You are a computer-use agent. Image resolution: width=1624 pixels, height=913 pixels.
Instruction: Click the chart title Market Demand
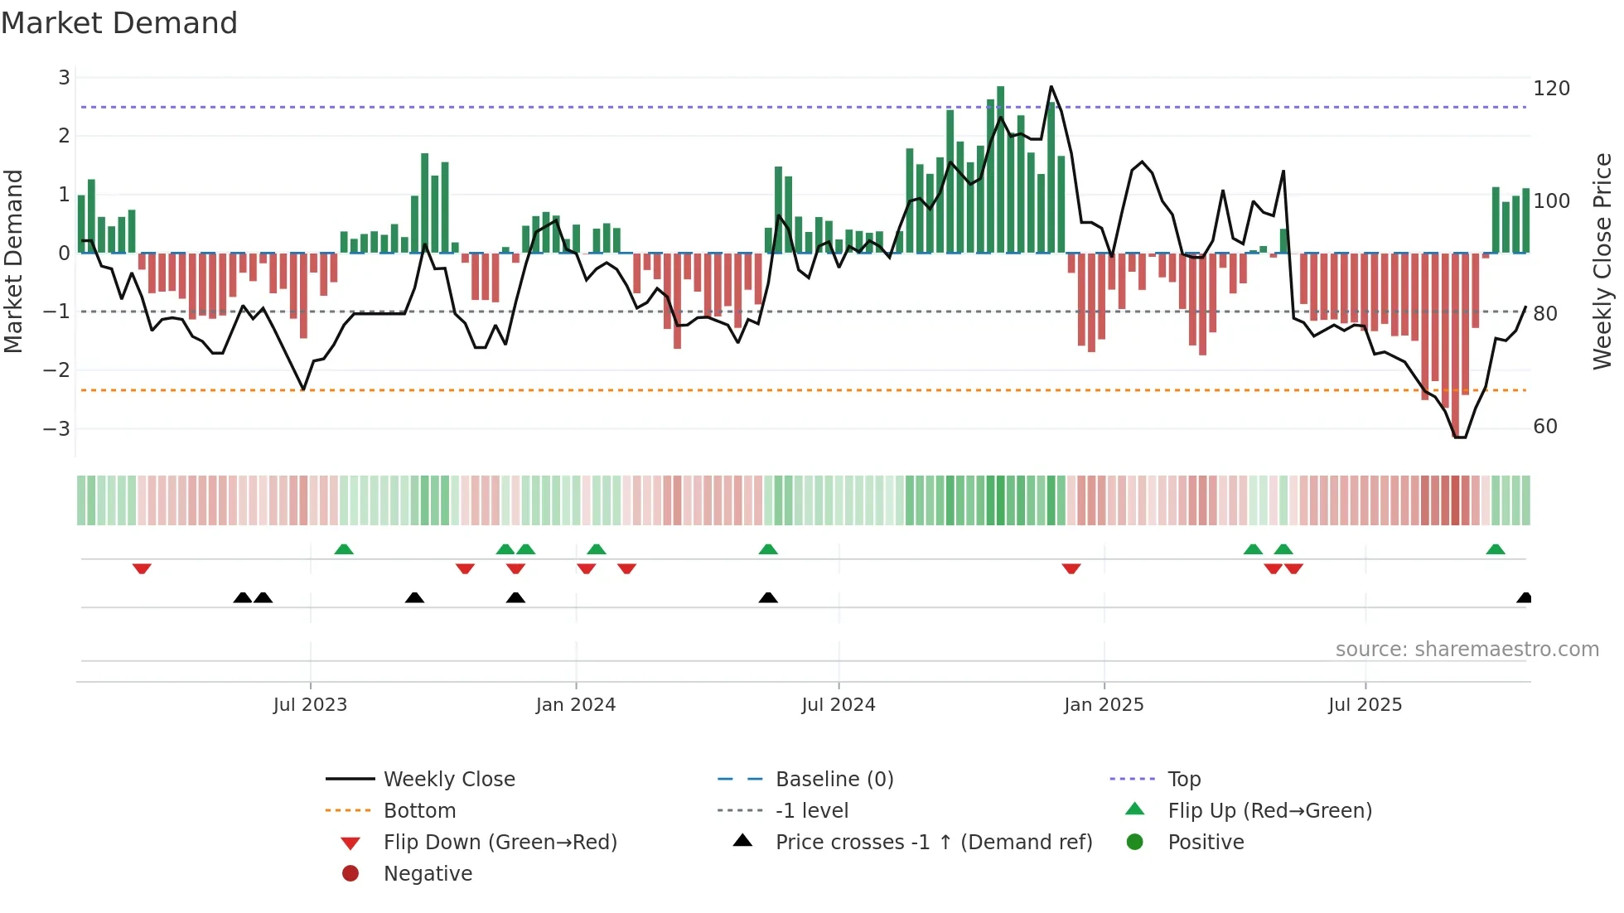point(119,23)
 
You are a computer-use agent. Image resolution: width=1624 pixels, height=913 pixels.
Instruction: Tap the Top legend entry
point(1183,779)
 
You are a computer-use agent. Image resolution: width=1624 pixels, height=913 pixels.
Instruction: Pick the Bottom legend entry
point(419,810)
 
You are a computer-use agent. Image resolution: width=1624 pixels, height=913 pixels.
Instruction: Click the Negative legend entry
point(428,873)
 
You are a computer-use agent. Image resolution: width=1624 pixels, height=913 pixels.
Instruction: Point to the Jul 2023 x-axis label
point(310,704)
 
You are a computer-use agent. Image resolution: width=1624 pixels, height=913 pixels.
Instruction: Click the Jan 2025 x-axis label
point(1104,704)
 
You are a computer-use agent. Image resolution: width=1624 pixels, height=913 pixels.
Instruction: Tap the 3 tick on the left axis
point(64,78)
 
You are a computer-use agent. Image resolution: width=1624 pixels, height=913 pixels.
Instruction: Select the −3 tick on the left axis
point(57,428)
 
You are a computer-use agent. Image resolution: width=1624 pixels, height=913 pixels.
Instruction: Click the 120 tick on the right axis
point(1551,89)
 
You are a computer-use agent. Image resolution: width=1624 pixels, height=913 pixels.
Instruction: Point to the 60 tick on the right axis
point(1545,427)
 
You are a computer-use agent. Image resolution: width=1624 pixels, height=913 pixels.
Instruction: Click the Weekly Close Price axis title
point(1602,261)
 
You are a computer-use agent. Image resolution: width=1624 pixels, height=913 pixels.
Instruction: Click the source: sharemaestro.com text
point(1467,649)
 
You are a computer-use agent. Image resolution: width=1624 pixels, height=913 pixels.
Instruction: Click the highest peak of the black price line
point(1051,87)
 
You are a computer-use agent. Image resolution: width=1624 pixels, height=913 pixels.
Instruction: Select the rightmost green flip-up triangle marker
point(1496,549)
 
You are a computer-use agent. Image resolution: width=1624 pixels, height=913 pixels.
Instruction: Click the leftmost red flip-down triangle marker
point(142,568)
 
